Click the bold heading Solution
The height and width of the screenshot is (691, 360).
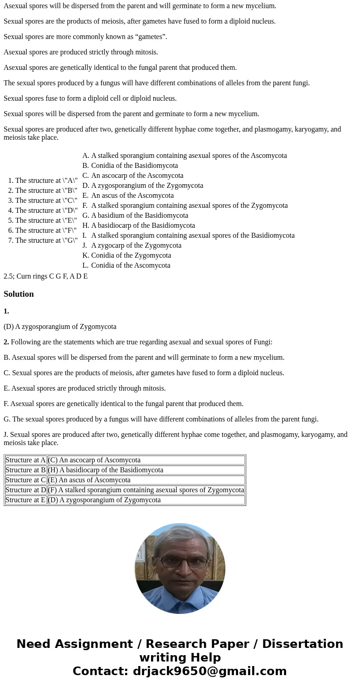[19, 294]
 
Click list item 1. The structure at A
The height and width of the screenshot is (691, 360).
[43, 181]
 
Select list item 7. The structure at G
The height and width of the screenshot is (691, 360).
[43, 240]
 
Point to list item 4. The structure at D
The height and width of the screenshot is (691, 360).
[43, 211]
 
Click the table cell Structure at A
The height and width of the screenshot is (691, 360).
[25, 460]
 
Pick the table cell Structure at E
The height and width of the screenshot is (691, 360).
[25, 500]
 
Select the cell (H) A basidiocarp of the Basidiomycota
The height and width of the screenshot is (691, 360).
[106, 470]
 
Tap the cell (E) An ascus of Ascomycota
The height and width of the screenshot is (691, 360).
[89, 480]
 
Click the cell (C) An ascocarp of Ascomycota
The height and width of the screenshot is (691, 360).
[94, 460]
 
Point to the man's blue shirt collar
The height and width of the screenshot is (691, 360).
[181, 598]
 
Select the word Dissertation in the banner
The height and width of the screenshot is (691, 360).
[302, 644]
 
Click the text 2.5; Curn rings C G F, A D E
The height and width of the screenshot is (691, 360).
[46, 276]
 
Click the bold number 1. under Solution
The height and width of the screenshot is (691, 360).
[6, 311]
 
